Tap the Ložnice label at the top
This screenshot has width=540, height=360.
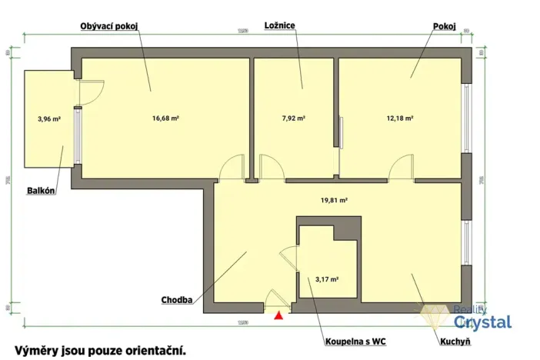pyautogui.click(x=280, y=26)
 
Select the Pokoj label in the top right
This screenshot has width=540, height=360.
pyautogui.click(x=444, y=26)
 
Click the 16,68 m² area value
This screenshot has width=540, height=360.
pyautogui.click(x=165, y=119)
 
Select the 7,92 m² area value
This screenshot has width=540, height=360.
pyautogui.click(x=294, y=119)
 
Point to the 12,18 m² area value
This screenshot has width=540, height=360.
pyautogui.click(x=400, y=119)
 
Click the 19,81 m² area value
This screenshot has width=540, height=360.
pyautogui.click(x=334, y=199)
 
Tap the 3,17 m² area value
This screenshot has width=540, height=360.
pyautogui.click(x=328, y=280)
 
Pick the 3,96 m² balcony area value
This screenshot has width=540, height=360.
pyautogui.click(x=48, y=119)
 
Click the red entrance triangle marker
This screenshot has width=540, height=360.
pyautogui.click(x=279, y=314)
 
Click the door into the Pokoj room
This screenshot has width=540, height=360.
pyautogui.click(x=401, y=168)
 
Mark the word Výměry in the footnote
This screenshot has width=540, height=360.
pyautogui.click(x=35, y=350)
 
